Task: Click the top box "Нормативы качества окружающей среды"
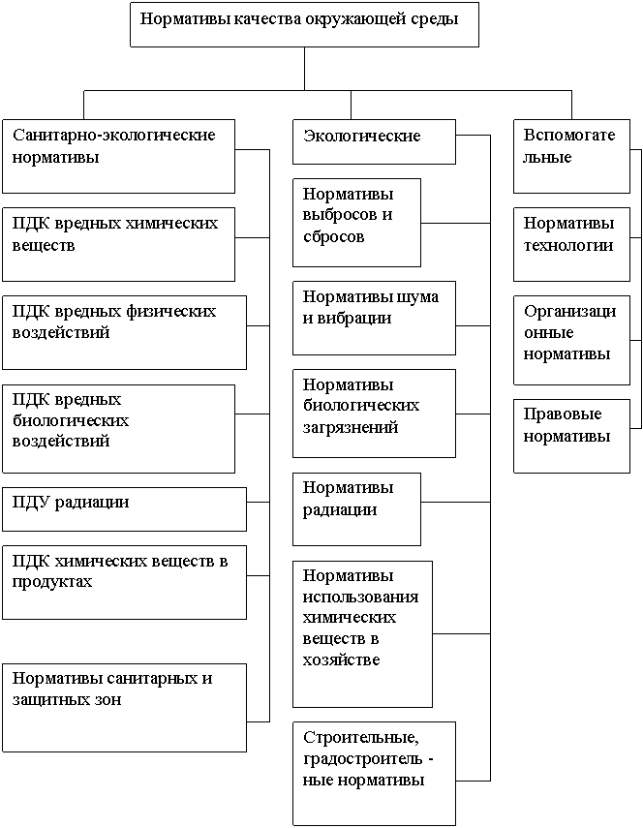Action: (305, 24)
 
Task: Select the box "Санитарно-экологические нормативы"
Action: (118, 156)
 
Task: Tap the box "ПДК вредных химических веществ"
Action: (118, 244)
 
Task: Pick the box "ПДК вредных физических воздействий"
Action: (124, 333)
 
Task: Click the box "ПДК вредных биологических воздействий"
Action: (118, 429)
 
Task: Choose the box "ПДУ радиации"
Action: (124, 509)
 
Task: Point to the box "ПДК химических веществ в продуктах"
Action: (124, 582)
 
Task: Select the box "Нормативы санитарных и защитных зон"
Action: (124, 708)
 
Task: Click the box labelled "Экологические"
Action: (375, 141)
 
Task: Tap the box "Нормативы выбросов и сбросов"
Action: (357, 223)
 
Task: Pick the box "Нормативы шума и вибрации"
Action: (375, 318)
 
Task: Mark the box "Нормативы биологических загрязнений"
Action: (375, 414)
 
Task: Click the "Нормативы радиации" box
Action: (357, 509)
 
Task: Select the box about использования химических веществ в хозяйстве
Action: (363, 634)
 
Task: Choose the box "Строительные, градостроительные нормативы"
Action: (375, 774)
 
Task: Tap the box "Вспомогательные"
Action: (571, 156)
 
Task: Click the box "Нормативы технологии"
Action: (571, 244)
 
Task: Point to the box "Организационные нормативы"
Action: (571, 340)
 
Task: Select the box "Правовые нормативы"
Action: (571, 436)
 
